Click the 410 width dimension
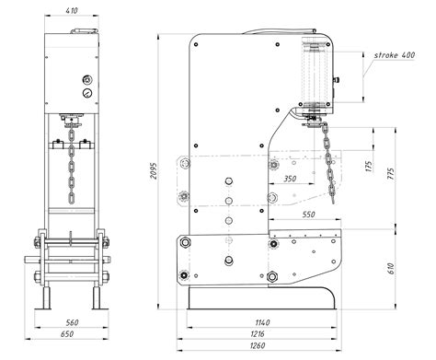click(72, 10)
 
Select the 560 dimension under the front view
click(73, 322)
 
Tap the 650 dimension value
click(67, 334)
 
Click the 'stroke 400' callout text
click(395, 55)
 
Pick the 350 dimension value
click(290, 179)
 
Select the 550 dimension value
click(308, 215)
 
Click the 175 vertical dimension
click(369, 166)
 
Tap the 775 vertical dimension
click(390, 173)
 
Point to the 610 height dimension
click(390, 269)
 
